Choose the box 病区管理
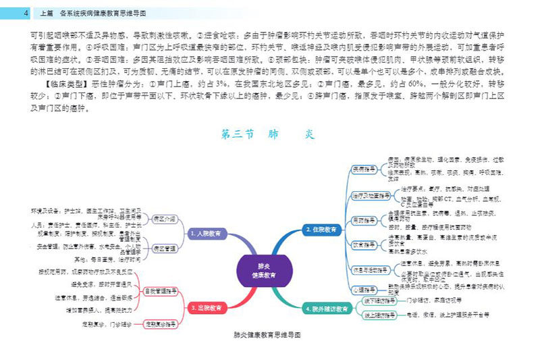[x=165, y=249]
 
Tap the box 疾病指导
[x=364, y=168]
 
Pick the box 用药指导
[x=364, y=220]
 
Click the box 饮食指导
[x=364, y=242]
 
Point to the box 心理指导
[x=364, y=289]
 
